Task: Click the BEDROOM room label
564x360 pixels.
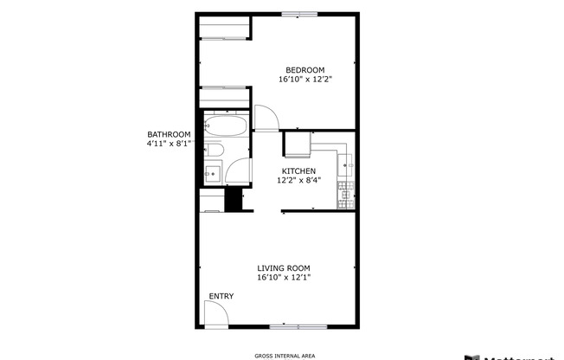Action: click(x=305, y=70)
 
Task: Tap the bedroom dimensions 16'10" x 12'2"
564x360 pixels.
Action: click(x=305, y=80)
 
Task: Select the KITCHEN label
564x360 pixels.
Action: click(x=298, y=171)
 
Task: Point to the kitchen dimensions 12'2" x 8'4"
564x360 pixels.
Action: click(x=298, y=181)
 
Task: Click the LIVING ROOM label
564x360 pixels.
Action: click(x=283, y=268)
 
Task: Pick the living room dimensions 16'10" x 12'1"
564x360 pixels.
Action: click(x=283, y=278)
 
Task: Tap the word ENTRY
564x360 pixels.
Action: click(x=221, y=297)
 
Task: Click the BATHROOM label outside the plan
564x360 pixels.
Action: click(x=168, y=134)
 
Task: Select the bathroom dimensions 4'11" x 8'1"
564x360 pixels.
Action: click(x=168, y=144)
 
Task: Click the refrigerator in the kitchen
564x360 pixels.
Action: click(x=298, y=141)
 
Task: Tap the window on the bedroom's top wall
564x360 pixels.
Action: click(x=298, y=14)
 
